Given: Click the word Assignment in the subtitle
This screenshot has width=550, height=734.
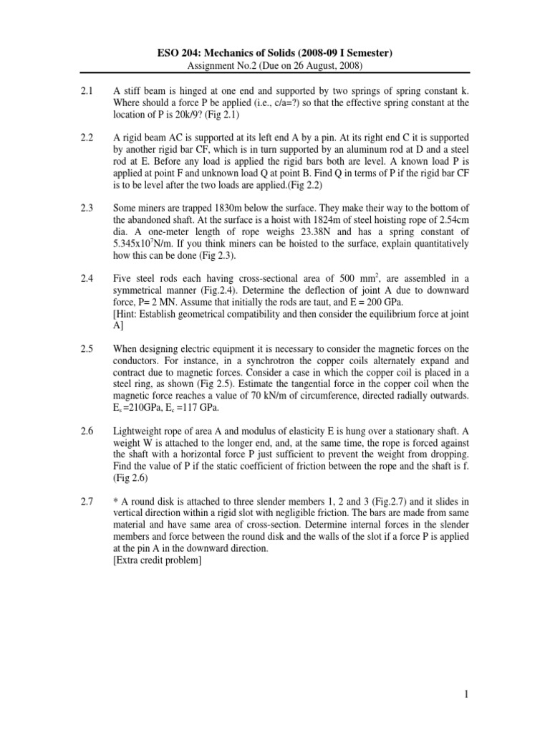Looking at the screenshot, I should [x=214, y=65].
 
